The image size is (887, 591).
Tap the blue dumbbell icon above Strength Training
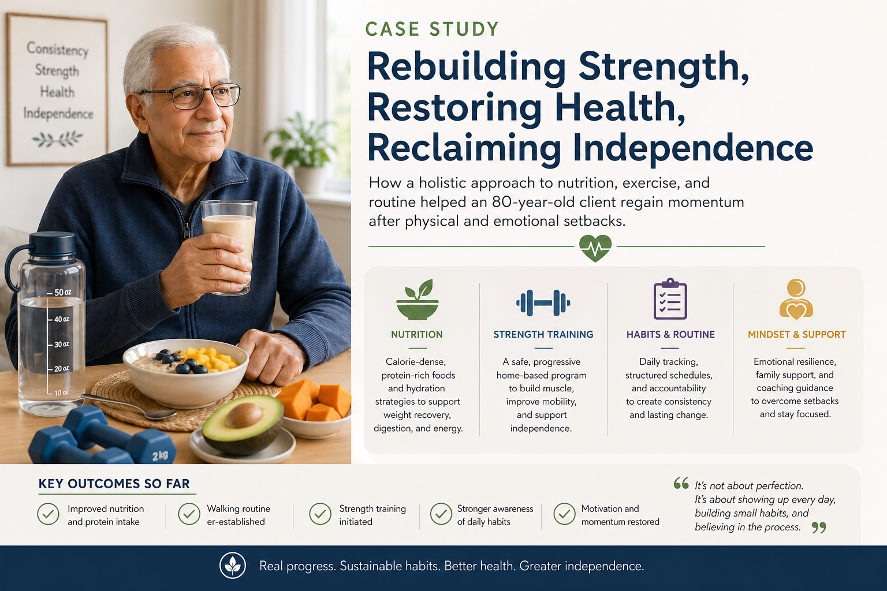click(x=543, y=303)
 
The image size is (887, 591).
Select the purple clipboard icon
click(x=670, y=299)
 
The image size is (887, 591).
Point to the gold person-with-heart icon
click(x=796, y=300)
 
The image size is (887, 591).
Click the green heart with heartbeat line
click(x=595, y=248)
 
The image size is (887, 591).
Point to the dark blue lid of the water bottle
click(x=52, y=244)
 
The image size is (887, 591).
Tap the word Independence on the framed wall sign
click(x=58, y=114)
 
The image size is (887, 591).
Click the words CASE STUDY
click(x=431, y=29)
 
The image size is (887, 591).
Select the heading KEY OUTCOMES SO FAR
click(x=114, y=483)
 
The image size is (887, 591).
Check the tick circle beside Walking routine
click(x=189, y=514)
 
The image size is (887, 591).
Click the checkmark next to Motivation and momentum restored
click(x=564, y=514)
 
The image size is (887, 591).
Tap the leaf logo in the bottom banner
click(x=233, y=566)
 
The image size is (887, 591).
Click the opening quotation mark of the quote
click(x=681, y=483)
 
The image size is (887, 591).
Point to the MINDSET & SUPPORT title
click(x=797, y=335)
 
